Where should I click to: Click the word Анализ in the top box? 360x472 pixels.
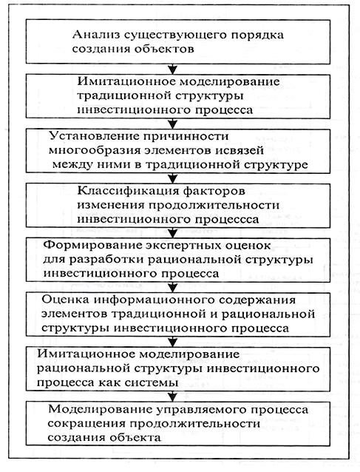click(95, 35)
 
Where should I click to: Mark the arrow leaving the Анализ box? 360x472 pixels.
click(172, 69)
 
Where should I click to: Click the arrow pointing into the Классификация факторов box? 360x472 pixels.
click(172, 178)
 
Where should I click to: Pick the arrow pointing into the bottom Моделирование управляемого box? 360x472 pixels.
click(172, 396)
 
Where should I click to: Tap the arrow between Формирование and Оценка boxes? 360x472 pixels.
click(172, 287)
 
